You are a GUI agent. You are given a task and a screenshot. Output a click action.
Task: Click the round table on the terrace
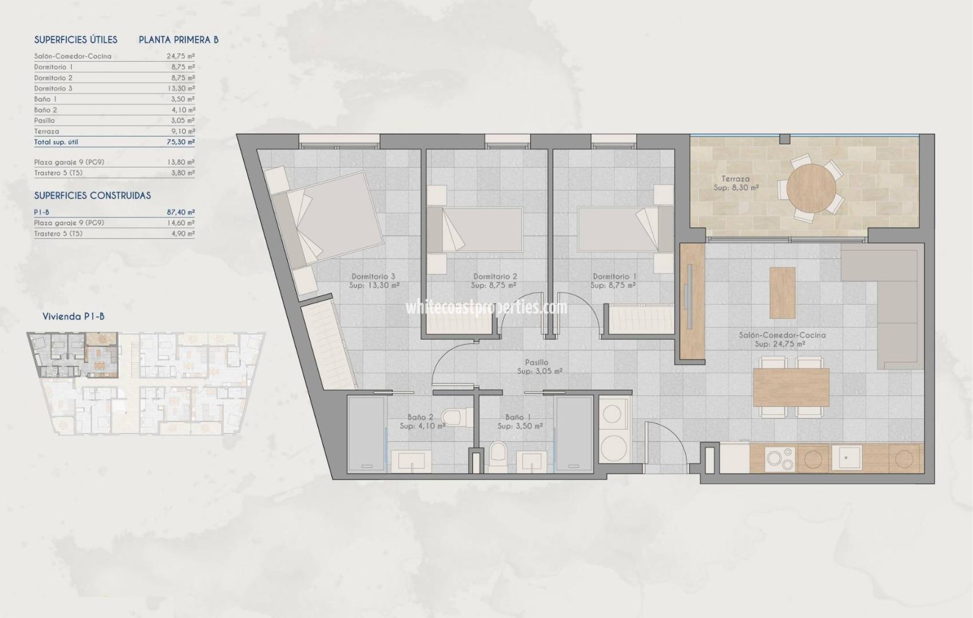[811, 188]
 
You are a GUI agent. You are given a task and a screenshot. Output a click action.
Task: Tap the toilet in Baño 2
[456, 417]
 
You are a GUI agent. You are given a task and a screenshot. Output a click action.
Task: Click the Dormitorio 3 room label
[373, 276]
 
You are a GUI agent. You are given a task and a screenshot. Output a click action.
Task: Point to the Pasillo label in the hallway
[536, 362]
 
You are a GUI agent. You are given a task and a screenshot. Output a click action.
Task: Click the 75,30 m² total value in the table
[183, 142]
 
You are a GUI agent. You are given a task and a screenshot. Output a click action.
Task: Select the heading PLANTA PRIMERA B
[179, 39]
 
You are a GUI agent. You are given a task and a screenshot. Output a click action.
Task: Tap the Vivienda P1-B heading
[73, 316]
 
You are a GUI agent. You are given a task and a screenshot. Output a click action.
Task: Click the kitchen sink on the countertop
[847, 458]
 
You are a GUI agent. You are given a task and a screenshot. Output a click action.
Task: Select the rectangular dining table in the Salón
[792, 387]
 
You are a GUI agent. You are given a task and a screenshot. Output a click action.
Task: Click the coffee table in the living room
[782, 292]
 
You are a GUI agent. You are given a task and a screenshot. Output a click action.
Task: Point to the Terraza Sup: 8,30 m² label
[735, 183]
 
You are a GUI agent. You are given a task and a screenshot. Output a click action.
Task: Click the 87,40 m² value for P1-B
[183, 212]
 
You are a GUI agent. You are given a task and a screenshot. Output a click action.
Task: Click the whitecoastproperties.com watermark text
[486, 307]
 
